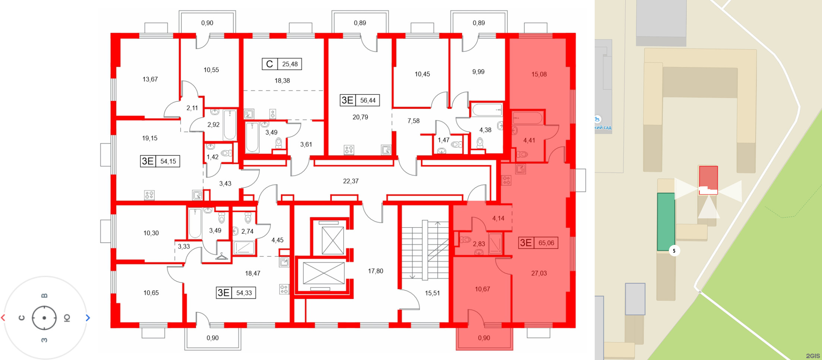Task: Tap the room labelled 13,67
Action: pyautogui.click(x=150, y=79)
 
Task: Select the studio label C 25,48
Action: pyautogui.click(x=282, y=64)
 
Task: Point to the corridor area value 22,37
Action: pyautogui.click(x=351, y=181)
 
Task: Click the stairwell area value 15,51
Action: pyautogui.click(x=432, y=293)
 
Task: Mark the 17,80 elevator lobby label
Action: pyautogui.click(x=376, y=271)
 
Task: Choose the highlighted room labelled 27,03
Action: pyautogui.click(x=539, y=273)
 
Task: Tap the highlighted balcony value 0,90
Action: pyautogui.click(x=484, y=338)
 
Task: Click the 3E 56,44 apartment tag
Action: pyautogui.click(x=360, y=100)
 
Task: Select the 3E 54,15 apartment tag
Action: pyautogui.click(x=160, y=161)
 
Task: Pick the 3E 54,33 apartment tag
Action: pyautogui.click(x=236, y=293)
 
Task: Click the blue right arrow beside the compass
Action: pyautogui.click(x=88, y=318)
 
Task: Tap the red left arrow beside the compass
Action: pyautogui.click(x=3, y=318)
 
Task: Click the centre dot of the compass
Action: pyautogui.click(x=44, y=318)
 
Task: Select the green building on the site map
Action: pyautogui.click(x=665, y=222)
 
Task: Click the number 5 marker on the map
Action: pyautogui.click(x=674, y=251)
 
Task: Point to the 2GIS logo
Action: pyautogui.click(x=813, y=356)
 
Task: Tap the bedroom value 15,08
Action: pyautogui.click(x=539, y=75)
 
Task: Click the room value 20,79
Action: pyautogui.click(x=360, y=117)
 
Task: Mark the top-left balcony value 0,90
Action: pyautogui.click(x=207, y=23)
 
